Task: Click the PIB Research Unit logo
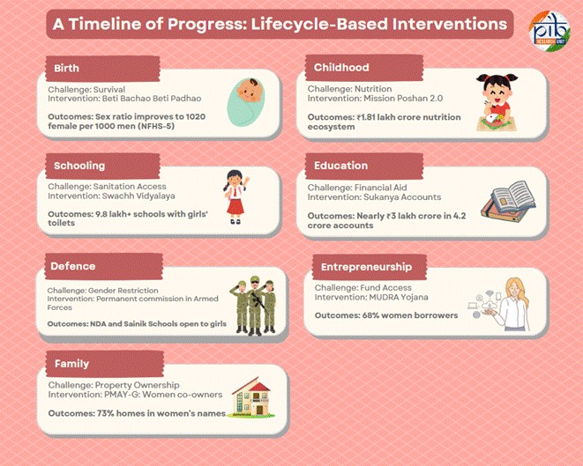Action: click(x=549, y=31)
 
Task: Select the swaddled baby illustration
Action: click(x=246, y=102)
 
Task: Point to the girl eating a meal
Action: click(x=497, y=102)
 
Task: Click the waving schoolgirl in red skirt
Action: click(x=235, y=196)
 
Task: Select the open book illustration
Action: click(x=508, y=201)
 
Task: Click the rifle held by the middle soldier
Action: click(x=259, y=300)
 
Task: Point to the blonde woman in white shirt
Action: click(x=513, y=305)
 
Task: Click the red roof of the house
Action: click(x=253, y=386)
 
